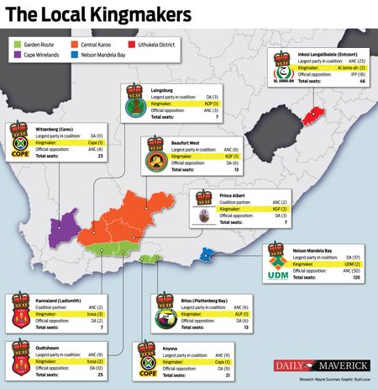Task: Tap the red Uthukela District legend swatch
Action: pyautogui.click(x=173, y=42)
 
